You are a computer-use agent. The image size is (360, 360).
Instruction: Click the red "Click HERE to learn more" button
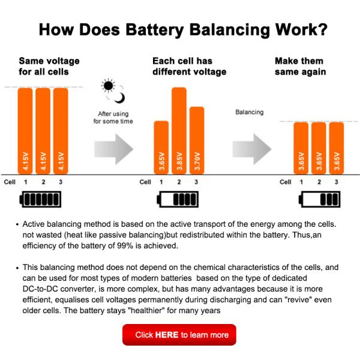point(179,335)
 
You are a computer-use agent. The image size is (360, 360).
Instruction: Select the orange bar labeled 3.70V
point(197,140)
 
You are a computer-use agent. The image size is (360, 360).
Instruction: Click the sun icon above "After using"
point(108,86)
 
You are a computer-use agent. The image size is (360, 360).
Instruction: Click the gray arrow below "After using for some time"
point(113,146)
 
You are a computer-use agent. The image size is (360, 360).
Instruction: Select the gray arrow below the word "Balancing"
point(251,146)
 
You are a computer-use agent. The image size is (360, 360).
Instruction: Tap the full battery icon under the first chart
point(41,199)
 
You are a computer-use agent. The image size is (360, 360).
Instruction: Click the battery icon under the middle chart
point(179,199)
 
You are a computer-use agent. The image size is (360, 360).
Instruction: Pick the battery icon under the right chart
point(317,199)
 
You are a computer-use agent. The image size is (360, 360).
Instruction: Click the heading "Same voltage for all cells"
point(49,67)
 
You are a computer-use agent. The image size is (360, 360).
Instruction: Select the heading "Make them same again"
point(300,67)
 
